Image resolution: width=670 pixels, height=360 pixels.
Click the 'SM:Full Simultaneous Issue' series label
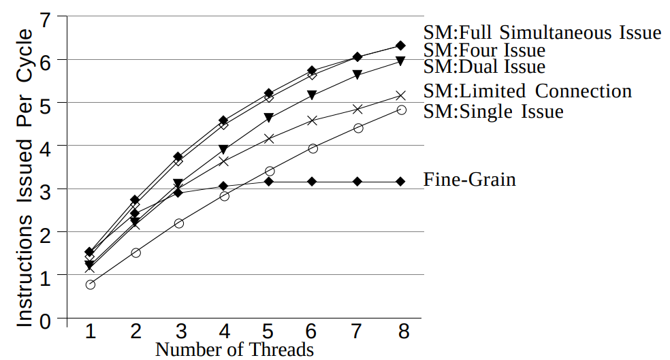coord(542,33)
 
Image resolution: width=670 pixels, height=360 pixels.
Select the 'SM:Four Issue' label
coord(484,50)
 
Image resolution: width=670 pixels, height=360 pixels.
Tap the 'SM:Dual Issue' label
coord(484,67)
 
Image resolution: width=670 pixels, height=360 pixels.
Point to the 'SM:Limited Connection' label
coord(527,91)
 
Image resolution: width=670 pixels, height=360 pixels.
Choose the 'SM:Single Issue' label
coord(493,111)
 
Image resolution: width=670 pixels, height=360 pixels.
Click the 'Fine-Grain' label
coord(469,180)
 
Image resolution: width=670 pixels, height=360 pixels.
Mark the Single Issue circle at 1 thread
coord(90,284)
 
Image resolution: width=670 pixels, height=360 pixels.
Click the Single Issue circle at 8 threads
coord(401,110)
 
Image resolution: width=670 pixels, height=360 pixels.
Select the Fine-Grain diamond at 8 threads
coord(400,181)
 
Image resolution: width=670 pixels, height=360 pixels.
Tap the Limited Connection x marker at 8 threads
coord(401,96)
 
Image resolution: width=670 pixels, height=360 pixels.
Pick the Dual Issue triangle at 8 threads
coord(401,61)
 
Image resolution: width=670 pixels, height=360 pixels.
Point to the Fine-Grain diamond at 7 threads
coord(357,181)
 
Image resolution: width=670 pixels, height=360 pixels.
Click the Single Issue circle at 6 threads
coord(313,148)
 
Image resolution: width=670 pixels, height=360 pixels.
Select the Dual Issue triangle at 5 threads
coord(269,118)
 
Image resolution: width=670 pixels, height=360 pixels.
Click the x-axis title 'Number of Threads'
coord(234,350)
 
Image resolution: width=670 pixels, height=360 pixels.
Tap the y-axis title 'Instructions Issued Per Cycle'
coord(25,177)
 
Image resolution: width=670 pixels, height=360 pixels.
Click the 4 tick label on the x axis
coord(224,331)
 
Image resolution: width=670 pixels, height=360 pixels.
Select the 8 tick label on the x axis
coord(404,331)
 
